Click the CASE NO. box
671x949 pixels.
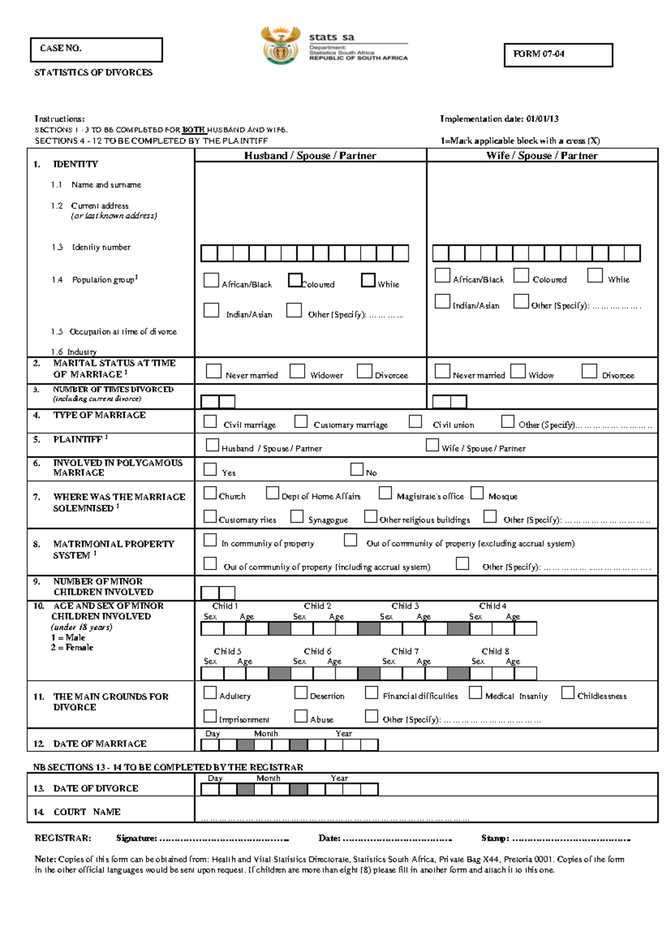point(96,50)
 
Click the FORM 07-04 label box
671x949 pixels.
point(558,55)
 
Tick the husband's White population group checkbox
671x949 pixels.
point(368,280)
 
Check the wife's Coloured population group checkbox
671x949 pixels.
point(521,275)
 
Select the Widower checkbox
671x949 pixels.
point(297,371)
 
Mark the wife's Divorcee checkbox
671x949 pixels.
point(589,371)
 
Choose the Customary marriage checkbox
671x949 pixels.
point(301,421)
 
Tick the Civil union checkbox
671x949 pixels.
point(415,421)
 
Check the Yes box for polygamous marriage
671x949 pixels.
point(210,469)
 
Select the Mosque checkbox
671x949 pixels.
point(477,493)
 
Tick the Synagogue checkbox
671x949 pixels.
point(297,516)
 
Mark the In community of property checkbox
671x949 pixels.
point(210,540)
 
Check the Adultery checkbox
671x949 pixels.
point(210,693)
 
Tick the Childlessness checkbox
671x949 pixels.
point(568,693)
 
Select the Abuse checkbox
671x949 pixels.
point(301,716)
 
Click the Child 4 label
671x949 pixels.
point(493,606)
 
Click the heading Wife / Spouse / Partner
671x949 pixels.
point(542,156)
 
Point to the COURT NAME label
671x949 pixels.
point(87,812)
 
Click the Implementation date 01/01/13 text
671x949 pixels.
point(499,119)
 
